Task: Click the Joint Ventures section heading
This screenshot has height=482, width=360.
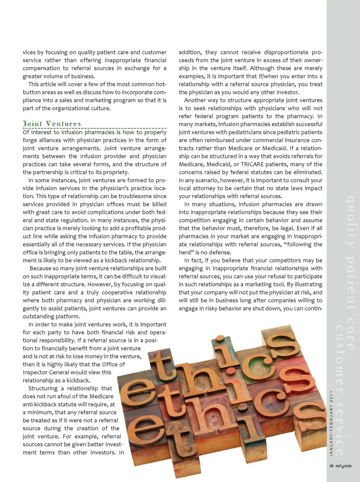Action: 52,124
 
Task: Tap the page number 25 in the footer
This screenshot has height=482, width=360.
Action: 331,466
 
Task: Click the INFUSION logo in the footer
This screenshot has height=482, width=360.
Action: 343,466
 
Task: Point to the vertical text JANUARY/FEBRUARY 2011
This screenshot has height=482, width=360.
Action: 331,423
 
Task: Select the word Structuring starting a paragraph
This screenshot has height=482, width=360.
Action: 43,389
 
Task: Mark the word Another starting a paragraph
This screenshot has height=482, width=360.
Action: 196,100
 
